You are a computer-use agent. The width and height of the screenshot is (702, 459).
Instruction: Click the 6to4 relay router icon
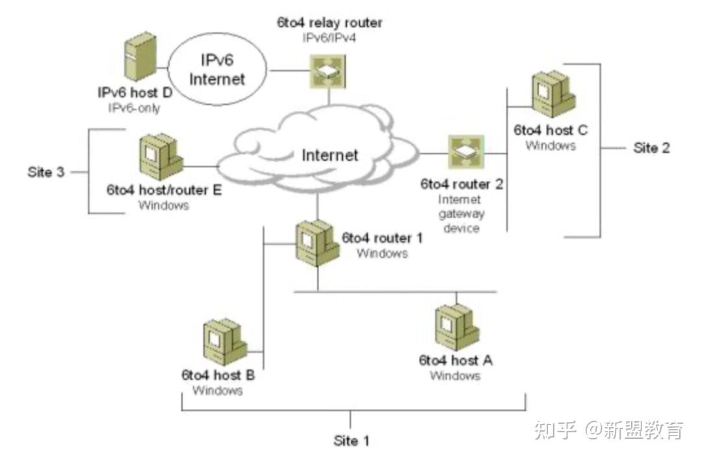[x=328, y=71]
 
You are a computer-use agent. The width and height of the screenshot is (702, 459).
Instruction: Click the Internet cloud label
[x=330, y=156]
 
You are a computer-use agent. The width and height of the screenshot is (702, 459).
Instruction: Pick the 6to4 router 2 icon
[x=464, y=153]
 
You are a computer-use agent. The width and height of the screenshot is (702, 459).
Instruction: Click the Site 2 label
[x=651, y=148]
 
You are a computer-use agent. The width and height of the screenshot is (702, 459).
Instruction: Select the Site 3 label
[x=46, y=173]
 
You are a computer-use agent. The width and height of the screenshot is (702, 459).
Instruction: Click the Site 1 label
[x=351, y=441]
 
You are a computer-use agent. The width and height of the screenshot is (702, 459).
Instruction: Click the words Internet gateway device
[x=461, y=214]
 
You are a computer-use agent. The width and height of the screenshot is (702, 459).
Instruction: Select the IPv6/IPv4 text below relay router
[x=330, y=38]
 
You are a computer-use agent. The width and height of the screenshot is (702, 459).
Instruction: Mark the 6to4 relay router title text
[x=330, y=23]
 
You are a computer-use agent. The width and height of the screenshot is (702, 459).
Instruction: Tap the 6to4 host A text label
[x=455, y=360]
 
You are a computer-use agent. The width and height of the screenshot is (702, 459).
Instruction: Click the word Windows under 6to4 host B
[x=218, y=391]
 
